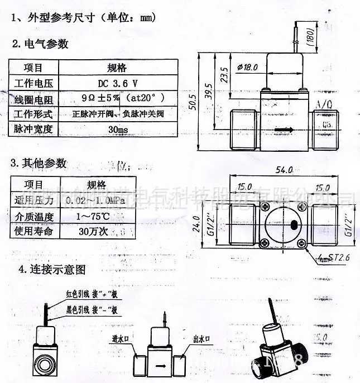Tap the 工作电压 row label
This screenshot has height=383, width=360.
click(x=33, y=84)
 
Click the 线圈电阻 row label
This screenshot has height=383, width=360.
click(x=33, y=99)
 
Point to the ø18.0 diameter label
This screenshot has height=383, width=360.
click(x=247, y=67)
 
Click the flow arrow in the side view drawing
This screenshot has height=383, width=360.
click(x=285, y=130)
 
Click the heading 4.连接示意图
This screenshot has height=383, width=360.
click(x=52, y=269)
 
